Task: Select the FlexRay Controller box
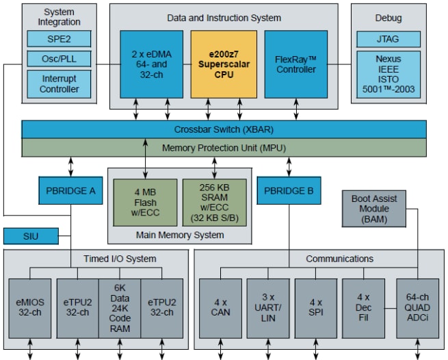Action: coord(296,64)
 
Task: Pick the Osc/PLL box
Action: coord(58,59)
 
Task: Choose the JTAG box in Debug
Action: coord(388,38)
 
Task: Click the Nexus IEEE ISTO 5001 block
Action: coord(388,73)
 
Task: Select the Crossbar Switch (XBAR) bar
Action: coord(224,129)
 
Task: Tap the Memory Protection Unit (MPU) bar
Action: coord(224,148)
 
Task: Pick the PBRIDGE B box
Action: coord(289,191)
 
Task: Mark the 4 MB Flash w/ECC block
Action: coord(145,203)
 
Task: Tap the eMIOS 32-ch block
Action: coord(30,307)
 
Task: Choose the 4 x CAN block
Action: coord(220,307)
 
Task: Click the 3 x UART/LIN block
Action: coord(268,307)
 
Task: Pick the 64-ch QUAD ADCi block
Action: coord(417,307)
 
